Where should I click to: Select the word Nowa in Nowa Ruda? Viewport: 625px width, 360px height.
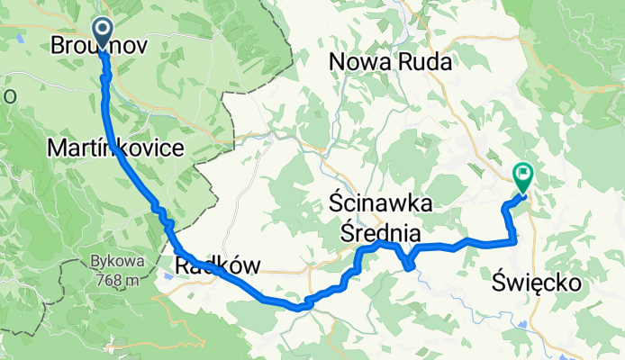[361, 61]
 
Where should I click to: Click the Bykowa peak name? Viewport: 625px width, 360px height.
[112, 263]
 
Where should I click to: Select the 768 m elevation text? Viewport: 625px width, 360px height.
[113, 279]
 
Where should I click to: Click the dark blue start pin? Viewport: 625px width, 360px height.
[102, 33]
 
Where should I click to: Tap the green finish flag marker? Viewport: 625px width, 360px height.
[522, 174]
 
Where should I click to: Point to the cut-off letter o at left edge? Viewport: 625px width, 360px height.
[4, 95]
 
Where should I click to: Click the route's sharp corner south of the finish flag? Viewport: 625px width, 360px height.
[514, 240]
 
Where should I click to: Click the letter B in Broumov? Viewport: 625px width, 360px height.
[59, 45]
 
